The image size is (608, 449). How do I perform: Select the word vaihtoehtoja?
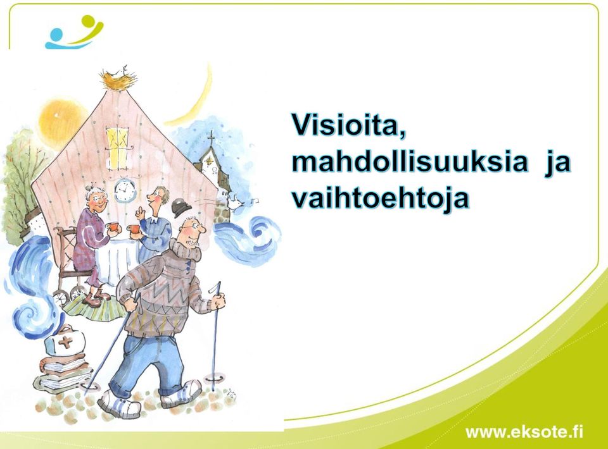[381, 199]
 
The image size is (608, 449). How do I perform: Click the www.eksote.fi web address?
[524, 431]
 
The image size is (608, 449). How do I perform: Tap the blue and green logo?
[74, 32]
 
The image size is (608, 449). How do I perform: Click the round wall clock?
[125, 190]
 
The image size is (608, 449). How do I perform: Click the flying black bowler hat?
[180, 208]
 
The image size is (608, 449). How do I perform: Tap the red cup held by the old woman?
[112, 227]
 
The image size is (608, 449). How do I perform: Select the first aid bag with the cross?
[65, 341]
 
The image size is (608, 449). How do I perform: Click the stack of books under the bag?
[62, 372]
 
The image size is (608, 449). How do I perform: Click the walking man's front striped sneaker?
[120, 405]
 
